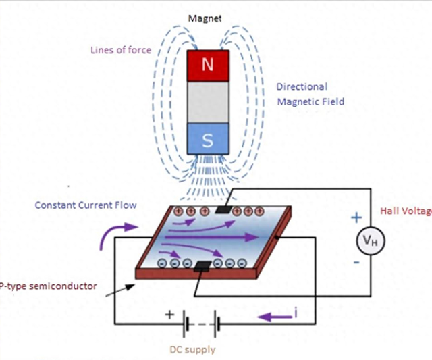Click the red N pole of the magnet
pyautogui.click(x=208, y=66)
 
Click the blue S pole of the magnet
pyautogui.click(x=208, y=140)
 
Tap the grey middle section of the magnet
pyautogui.click(x=208, y=103)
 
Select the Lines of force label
pyautogui.click(x=122, y=50)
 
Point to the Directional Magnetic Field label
pyautogui.click(x=310, y=94)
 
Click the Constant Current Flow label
pyautogui.click(x=86, y=205)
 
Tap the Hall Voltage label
pyautogui.click(x=406, y=211)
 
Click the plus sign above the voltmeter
pyautogui.click(x=356, y=217)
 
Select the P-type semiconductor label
pyautogui.click(x=47, y=286)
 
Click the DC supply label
pyautogui.click(x=193, y=349)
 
